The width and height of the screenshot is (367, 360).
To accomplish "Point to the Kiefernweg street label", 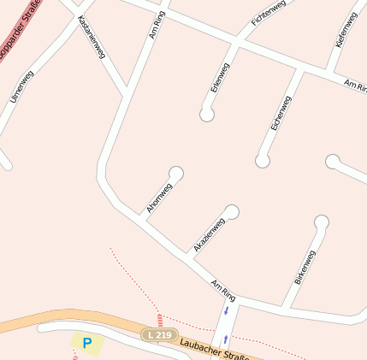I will pyautogui.click(x=346, y=30).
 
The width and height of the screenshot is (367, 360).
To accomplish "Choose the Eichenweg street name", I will pyautogui.click(x=281, y=113).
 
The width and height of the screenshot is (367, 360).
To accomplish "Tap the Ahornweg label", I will pyautogui.click(x=159, y=198).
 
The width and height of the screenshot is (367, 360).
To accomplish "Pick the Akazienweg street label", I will pyautogui.click(x=209, y=234).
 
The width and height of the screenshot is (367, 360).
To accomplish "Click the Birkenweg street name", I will pyautogui.click(x=305, y=267).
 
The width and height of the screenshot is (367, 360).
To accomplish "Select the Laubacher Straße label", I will pyautogui.click(x=213, y=349).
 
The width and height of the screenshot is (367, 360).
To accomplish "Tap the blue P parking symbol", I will pyautogui.click(x=86, y=343).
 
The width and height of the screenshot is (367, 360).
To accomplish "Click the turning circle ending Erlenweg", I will pyautogui.click(x=207, y=114).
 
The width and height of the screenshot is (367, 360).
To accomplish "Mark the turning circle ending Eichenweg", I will pyautogui.click(x=263, y=160).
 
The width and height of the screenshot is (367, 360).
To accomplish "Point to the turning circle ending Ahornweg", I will pyautogui.click(x=176, y=174).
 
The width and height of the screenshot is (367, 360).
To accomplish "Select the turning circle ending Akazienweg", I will pyautogui.click(x=231, y=212).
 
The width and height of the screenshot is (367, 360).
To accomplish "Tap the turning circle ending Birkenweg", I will pyautogui.click(x=321, y=223).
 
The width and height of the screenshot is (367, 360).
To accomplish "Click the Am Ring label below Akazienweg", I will pyautogui.click(x=222, y=288).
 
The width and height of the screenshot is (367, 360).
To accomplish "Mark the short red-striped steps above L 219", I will pyautogui.click(x=159, y=319).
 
